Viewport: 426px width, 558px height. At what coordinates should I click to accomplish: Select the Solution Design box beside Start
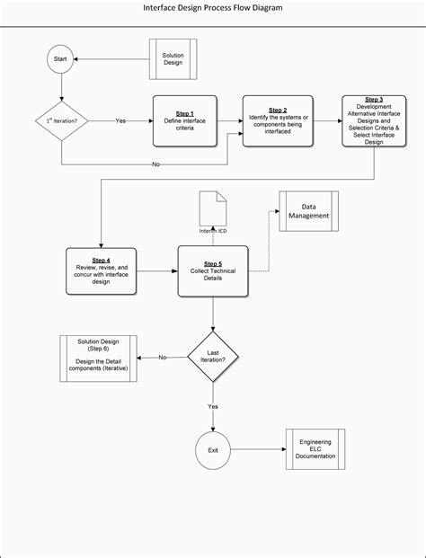point(173,60)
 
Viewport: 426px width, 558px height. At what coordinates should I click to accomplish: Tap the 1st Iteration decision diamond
point(61,120)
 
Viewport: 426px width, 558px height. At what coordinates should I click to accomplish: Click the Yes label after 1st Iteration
point(120,120)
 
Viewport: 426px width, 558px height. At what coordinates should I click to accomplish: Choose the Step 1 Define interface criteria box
point(185,120)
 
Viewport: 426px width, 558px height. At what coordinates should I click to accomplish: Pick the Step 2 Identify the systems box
point(278,120)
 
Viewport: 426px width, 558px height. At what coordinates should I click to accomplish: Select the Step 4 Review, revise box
point(101,270)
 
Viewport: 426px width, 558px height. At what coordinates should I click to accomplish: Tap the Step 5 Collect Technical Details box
point(213,270)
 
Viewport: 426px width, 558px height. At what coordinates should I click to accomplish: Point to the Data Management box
point(308,211)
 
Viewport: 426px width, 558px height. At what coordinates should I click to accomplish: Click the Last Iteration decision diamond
point(213,357)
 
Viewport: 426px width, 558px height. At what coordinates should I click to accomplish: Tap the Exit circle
point(213,449)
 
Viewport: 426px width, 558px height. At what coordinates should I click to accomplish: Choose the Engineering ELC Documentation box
point(315,449)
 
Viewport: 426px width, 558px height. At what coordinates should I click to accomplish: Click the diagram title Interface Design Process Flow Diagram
point(213,7)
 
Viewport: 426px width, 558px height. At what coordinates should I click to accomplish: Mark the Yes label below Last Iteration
point(213,405)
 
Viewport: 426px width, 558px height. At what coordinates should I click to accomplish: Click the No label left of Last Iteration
point(163,358)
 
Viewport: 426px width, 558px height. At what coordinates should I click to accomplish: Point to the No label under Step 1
point(156,164)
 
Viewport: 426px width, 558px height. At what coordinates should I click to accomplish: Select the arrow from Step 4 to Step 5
point(156,270)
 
